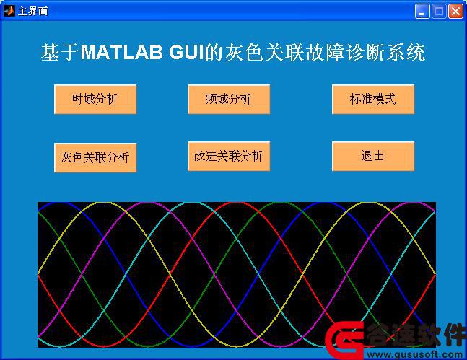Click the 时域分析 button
95,99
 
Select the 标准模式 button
373,99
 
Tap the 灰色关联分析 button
95,157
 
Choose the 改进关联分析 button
229,157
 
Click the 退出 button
373,157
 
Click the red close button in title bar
455,12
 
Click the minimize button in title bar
422,12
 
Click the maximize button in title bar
439,12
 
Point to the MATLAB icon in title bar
9,11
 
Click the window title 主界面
32,12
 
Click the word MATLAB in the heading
122,53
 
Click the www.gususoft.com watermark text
415,354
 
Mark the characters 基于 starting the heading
60,53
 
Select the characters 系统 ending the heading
406,53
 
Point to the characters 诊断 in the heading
366,53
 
